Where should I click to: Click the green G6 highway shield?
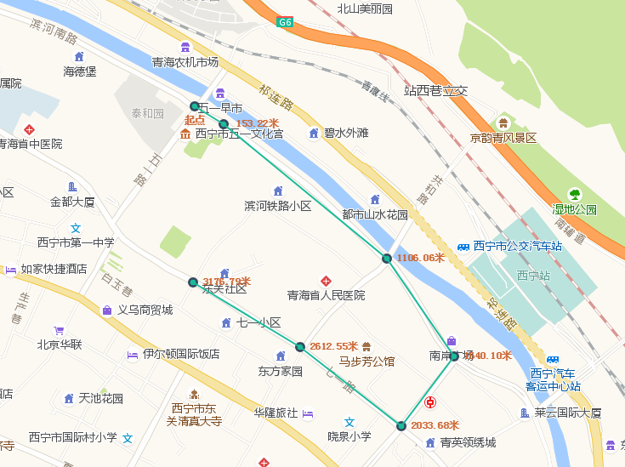click(285, 23)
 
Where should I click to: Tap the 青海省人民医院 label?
click(326, 295)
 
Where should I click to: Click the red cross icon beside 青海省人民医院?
click(325, 281)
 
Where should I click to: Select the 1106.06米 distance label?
click(421, 258)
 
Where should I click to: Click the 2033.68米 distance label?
click(435, 425)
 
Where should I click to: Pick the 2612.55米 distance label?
click(333, 346)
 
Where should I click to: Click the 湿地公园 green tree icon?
click(575, 194)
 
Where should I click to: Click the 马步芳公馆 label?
click(366, 361)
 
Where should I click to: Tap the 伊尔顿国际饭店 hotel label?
click(181, 354)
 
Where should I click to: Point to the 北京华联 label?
click(60, 345)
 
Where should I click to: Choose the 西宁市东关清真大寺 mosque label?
click(194, 414)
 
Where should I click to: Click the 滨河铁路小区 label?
click(278, 206)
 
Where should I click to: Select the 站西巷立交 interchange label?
click(435, 90)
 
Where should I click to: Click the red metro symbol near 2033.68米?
click(432, 402)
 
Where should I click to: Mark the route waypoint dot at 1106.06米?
click(387, 258)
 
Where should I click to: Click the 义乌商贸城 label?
click(145, 310)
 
